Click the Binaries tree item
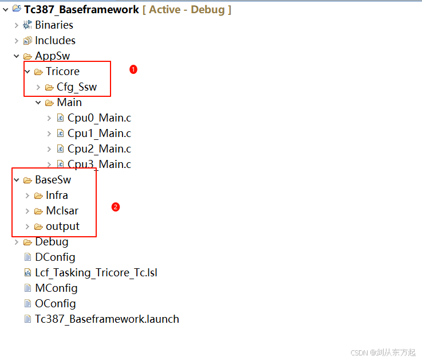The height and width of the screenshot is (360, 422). (x=54, y=25)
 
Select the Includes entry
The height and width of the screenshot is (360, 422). (x=55, y=41)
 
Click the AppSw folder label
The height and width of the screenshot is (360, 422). (x=52, y=56)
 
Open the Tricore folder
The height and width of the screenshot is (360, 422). (x=62, y=72)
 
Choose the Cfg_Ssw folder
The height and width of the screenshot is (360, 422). (x=77, y=87)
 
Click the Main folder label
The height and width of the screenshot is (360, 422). (x=69, y=103)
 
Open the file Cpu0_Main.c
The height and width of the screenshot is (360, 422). (x=99, y=118)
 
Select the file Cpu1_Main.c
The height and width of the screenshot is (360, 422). (x=99, y=134)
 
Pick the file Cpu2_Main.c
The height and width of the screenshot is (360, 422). (x=99, y=149)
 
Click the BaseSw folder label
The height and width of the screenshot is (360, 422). (x=53, y=180)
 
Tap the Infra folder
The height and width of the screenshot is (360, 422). (x=57, y=195)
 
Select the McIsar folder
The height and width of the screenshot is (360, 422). (x=62, y=211)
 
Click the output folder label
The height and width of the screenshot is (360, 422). (x=62, y=226)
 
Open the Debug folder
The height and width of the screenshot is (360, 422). (x=52, y=242)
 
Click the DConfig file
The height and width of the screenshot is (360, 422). (x=55, y=257)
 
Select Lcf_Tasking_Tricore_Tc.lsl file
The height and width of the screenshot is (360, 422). (x=96, y=273)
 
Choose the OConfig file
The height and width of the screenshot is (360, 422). (x=55, y=304)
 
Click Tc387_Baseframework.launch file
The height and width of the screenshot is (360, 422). (x=107, y=319)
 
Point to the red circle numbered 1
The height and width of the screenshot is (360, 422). (x=133, y=69)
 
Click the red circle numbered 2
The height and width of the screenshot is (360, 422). (x=116, y=207)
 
